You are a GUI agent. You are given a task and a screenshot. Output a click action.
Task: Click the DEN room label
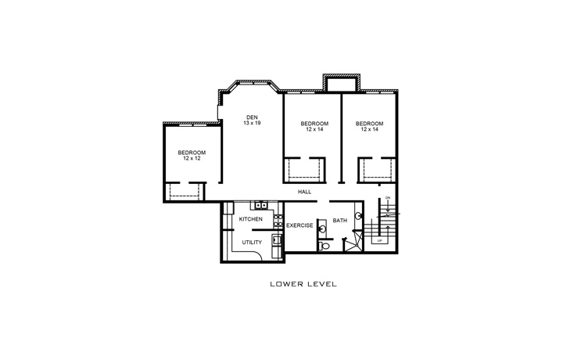point(252,117)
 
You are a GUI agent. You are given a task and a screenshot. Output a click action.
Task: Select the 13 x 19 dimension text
point(252,124)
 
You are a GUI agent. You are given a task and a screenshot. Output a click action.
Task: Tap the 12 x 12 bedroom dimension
point(192,158)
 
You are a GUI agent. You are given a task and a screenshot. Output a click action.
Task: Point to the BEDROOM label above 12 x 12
point(192,152)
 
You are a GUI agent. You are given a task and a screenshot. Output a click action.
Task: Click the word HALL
point(305,192)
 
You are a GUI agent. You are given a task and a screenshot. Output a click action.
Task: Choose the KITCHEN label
point(250,219)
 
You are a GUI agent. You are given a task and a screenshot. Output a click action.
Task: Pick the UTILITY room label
point(252,243)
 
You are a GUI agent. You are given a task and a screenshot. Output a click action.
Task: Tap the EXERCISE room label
point(299,225)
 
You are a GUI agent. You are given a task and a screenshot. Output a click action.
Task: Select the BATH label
point(339,221)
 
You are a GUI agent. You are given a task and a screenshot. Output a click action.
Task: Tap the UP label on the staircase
point(380,241)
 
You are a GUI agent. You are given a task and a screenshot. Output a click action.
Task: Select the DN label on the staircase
point(388,198)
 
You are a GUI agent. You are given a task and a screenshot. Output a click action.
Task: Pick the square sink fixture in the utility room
point(276,240)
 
